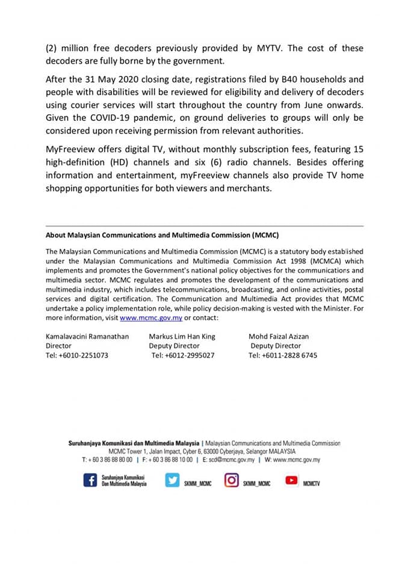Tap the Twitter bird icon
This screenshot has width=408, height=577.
click(x=172, y=481)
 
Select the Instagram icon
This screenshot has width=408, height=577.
click(x=232, y=481)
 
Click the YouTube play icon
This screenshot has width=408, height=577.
click(x=292, y=481)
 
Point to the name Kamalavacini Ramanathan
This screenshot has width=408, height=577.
click(x=87, y=337)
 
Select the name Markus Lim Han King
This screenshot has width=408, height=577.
click(x=182, y=337)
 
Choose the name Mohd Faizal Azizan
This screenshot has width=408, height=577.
click(x=279, y=337)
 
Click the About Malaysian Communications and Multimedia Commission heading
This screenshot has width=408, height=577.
click(x=162, y=235)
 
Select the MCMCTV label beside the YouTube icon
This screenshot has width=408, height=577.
click(x=312, y=483)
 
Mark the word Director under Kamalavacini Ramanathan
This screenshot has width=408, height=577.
click(x=58, y=346)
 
